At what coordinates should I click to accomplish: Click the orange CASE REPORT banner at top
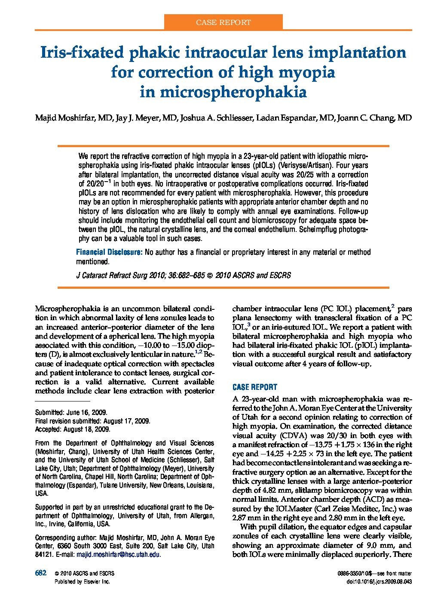(x=223, y=22)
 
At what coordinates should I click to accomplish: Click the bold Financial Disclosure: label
(x=109, y=252)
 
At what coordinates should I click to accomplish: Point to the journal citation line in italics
(x=184, y=275)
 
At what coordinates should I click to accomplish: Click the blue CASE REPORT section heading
(x=254, y=387)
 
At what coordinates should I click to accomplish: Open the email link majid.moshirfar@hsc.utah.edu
(x=118, y=555)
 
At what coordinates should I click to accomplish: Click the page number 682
(x=40, y=573)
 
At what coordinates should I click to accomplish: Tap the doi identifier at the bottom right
(x=379, y=581)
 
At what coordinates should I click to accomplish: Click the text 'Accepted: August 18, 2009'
(x=73, y=429)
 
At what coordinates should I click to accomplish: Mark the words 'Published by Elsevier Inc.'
(x=82, y=581)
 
